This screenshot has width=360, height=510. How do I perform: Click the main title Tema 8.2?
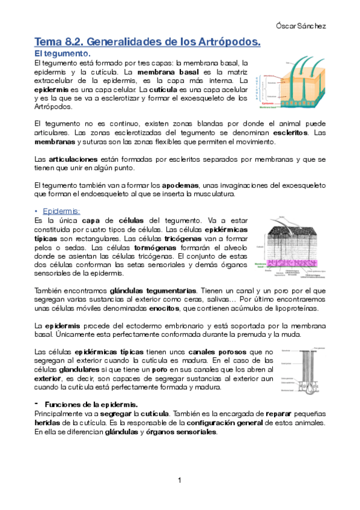pyautogui.click(x=147, y=42)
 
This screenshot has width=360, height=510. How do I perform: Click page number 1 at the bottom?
pyautogui.click(x=180, y=480)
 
